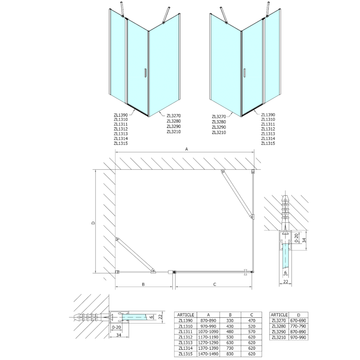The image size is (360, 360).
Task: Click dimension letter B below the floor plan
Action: point(143,284)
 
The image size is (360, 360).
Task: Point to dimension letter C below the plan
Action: point(215,284)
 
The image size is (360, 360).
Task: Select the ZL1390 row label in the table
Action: point(185,320)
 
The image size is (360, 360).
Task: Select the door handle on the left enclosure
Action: point(145,73)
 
